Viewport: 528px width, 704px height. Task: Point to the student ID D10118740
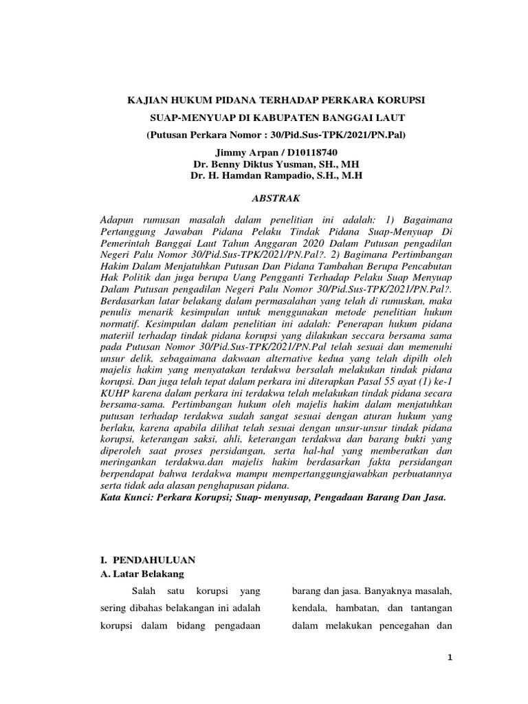tap(313, 151)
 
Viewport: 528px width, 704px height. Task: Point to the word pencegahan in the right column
tap(404, 626)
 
